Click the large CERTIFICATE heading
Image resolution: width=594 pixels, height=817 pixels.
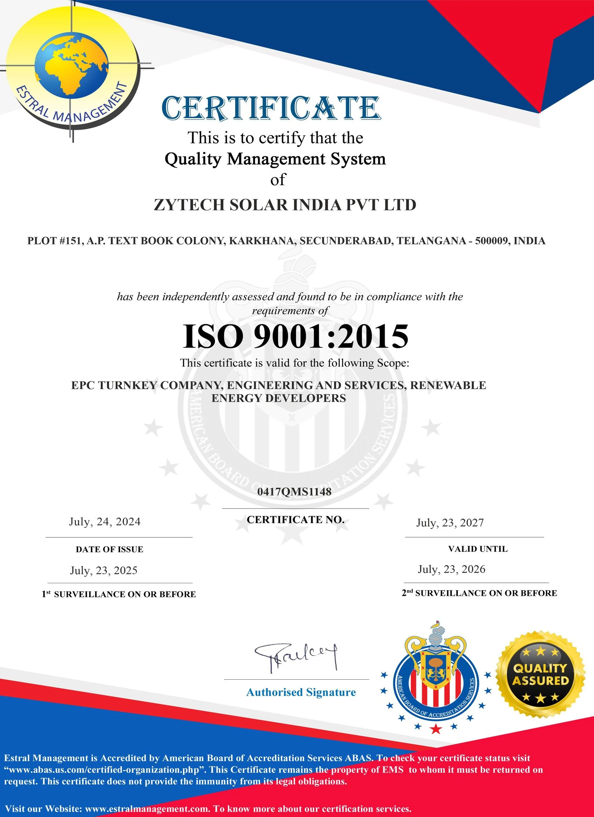coord(271,108)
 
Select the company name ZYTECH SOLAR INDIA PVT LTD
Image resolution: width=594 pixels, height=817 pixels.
coord(285,205)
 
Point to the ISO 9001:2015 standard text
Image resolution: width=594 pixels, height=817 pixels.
coord(295,337)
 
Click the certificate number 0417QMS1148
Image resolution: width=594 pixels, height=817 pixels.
coord(294,492)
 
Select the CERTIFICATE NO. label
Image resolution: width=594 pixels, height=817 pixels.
coord(295,520)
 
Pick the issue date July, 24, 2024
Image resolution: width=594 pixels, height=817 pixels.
coord(105,522)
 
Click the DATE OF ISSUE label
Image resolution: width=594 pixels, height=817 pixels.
coord(109,549)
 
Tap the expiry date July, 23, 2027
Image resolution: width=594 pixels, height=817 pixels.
coord(450,523)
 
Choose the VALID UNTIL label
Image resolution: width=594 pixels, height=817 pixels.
coord(478,549)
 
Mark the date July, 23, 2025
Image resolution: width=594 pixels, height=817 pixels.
coord(104,570)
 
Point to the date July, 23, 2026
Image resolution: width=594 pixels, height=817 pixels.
coord(451,569)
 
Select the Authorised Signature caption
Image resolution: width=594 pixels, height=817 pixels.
coord(301,692)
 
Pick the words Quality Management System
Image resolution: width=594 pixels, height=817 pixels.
coord(275,159)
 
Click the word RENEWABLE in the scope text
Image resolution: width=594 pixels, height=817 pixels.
coord(448,385)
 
